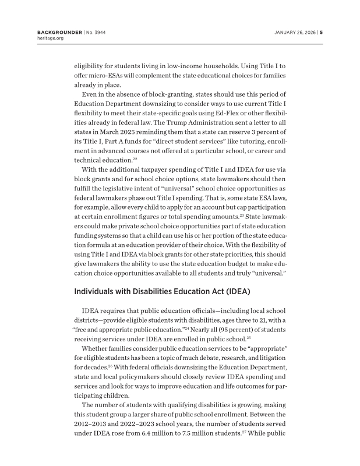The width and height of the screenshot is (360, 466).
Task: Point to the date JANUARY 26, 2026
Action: (x=292, y=31)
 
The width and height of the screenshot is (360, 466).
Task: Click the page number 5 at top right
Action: (x=321, y=31)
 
